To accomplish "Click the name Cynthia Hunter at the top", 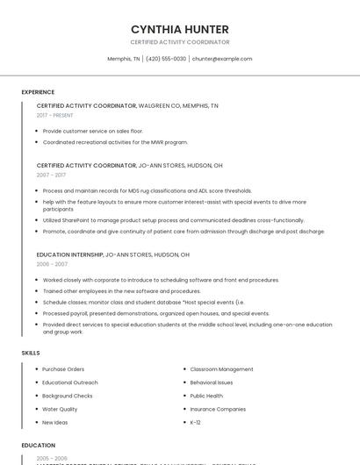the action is (x=180, y=29).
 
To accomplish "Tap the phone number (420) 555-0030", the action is (x=166, y=59).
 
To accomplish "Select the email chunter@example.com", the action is (x=222, y=59).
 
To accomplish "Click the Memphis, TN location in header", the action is (x=124, y=59).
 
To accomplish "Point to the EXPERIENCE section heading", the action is (x=38, y=92).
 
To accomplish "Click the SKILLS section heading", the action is (x=31, y=353).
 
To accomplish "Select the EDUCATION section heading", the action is (x=39, y=445).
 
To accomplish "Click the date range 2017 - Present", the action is (x=54, y=115).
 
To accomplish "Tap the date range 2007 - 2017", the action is (x=51, y=175).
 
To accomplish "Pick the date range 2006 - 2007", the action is (x=52, y=264).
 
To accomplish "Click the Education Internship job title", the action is (x=69, y=254).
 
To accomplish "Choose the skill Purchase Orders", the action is (x=63, y=369).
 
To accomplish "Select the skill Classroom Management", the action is (x=221, y=369).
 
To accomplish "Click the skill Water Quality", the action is (x=60, y=409).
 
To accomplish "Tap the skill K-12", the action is (x=195, y=422).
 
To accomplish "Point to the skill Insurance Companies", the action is (x=218, y=409).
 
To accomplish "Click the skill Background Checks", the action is (x=68, y=396).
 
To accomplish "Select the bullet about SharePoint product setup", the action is (x=173, y=220).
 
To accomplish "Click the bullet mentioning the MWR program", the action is (x=115, y=142).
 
